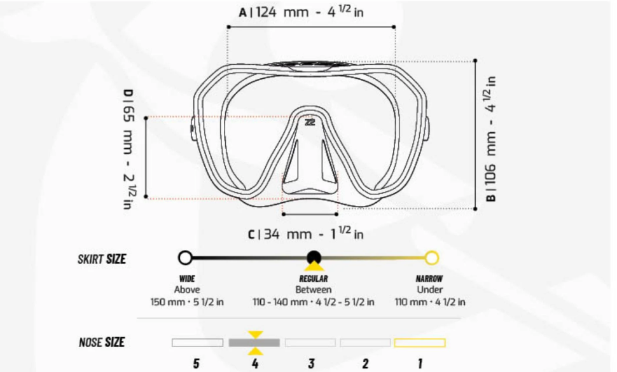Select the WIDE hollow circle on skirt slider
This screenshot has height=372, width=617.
click(185, 258)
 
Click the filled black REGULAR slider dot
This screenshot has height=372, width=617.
click(314, 258)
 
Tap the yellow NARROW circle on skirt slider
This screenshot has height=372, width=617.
click(432, 258)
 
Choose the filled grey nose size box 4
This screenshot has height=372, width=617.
click(254, 343)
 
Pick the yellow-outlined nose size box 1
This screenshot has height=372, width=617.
click(420, 343)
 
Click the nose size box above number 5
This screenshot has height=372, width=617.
click(197, 343)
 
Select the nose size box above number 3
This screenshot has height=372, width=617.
click(310, 343)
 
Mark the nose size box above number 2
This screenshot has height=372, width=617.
click(365, 343)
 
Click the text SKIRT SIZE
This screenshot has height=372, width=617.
click(102, 259)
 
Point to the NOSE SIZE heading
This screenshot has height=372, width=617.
click(102, 343)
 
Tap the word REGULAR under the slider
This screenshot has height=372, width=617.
click(314, 279)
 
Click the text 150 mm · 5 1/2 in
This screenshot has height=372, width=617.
click(187, 301)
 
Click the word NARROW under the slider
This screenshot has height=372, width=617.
click(429, 279)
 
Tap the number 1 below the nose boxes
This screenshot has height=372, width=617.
click(420, 364)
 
